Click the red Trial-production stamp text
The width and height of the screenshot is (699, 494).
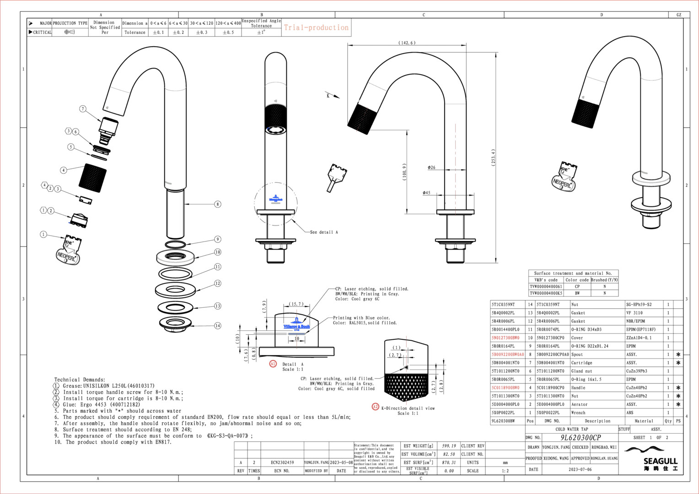[x=316, y=27]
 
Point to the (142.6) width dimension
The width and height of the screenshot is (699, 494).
[x=407, y=43]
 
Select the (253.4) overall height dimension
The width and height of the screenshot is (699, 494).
[x=494, y=158]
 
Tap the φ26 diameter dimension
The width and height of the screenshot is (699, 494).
[x=431, y=168]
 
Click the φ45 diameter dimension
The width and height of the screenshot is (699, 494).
[x=426, y=193]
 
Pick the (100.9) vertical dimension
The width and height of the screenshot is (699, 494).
[x=404, y=172]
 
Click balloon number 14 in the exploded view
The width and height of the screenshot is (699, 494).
[x=218, y=326]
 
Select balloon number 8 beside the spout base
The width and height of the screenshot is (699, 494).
[x=218, y=204]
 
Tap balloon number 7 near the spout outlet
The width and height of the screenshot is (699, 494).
[x=83, y=109]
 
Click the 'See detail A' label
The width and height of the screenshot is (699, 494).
[x=324, y=232]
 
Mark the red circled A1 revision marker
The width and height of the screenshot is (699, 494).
[x=273, y=364]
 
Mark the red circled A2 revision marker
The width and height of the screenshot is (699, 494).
[x=376, y=407]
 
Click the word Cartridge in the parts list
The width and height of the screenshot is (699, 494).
[x=581, y=363]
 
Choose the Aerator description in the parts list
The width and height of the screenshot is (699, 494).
[x=580, y=404]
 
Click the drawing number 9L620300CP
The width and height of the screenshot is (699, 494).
[x=581, y=438]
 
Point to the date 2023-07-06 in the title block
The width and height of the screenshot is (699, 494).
[x=580, y=469]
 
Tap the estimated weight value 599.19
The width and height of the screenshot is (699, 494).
[x=449, y=446]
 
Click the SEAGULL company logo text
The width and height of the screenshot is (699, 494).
[x=660, y=461]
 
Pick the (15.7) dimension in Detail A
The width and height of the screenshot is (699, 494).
[x=296, y=304]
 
